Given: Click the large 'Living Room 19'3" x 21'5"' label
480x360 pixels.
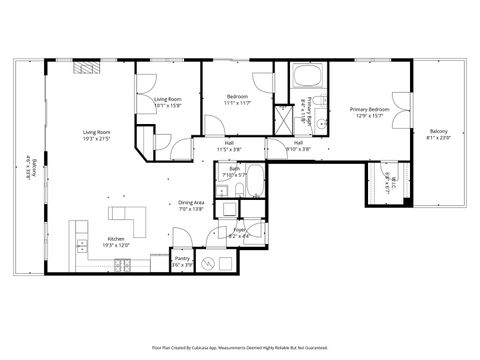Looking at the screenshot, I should [x=96, y=137].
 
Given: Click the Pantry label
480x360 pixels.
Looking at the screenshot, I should [x=182, y=262].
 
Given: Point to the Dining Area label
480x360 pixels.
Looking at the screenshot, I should [x=191, y=206].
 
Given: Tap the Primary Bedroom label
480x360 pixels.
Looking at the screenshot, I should [x=369, y=112].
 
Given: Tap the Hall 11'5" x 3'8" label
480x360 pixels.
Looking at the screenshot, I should [x=229, y=147].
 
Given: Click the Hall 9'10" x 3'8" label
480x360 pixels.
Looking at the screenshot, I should [x=298, y=146].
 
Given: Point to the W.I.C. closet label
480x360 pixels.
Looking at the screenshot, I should [x=389, y=180].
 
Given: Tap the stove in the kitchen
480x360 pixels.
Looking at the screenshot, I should [x=122, y=264].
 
